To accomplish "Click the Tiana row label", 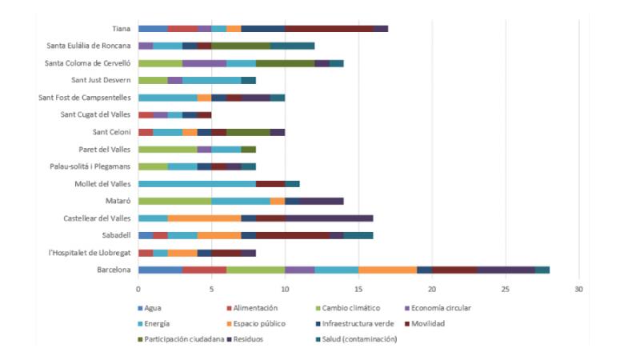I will [x=122, y=28].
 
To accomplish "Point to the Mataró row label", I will [x=118, y=201].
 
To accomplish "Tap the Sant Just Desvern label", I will [x=99, y=80].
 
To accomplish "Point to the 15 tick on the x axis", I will [x=358, y=287].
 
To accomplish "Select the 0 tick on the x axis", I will [x=138, y=287].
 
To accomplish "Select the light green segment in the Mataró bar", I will [x=175, y=201].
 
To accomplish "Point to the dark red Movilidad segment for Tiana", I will [x=329, y=28].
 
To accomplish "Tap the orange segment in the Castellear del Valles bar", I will [x=204, y=218].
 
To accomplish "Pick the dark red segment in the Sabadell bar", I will [x=293, y=235].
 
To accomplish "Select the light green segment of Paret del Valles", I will [x=167, y=149].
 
